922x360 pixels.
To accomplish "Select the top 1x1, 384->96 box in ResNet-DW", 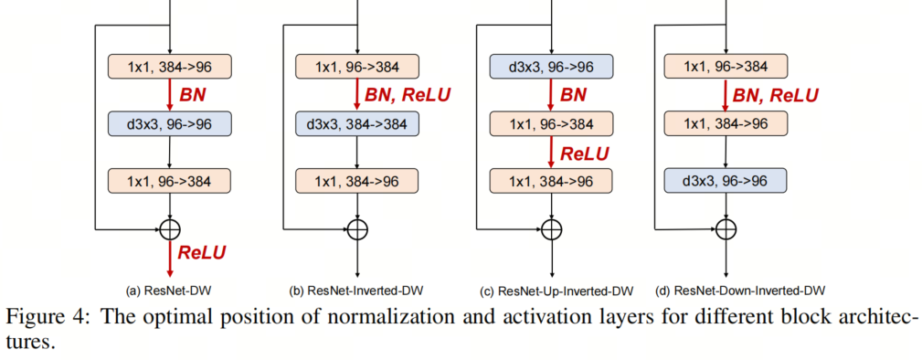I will [170, 67].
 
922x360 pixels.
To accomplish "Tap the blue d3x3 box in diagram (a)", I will [170, 123].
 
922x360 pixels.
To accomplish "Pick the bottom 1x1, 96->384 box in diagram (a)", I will [170, 181].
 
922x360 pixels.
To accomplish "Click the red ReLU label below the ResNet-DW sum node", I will [201, 252].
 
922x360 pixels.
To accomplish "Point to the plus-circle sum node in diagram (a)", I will [170, 228].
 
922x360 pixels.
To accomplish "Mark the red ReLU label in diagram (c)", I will [584, 153].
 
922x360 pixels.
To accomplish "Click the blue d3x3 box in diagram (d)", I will [725, 181].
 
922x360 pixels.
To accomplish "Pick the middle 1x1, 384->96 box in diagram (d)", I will [725, 123].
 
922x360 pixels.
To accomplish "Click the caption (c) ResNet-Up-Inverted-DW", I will [556, 291].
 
